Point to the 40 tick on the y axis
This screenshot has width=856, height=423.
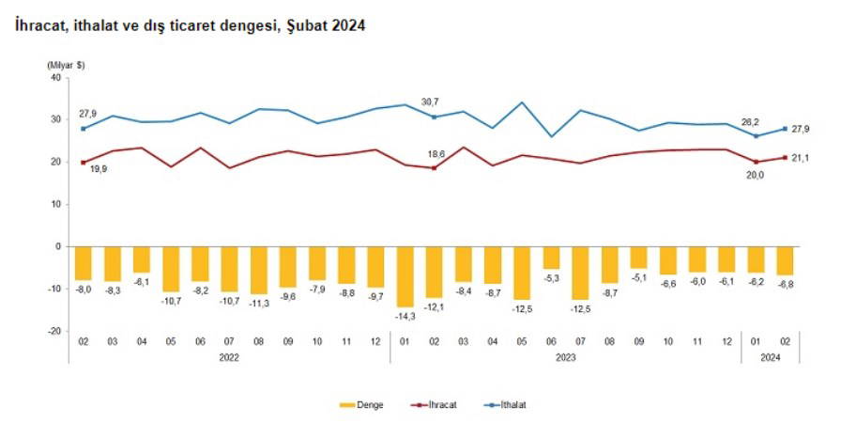(x=55, y=77)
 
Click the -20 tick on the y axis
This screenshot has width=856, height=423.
(x=53, y=331)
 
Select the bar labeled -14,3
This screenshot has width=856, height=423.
(x=405, y=276)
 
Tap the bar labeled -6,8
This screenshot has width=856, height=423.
(x=785, y=260)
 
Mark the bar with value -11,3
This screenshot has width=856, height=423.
(x=258, y=270)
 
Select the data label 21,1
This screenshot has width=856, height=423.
(x=802, y=158)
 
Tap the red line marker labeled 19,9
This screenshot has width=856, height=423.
(x=84, y=162)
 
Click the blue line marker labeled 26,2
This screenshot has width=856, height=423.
(x=756, y=135)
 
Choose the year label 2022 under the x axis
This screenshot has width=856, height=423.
(x=229, y=357)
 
